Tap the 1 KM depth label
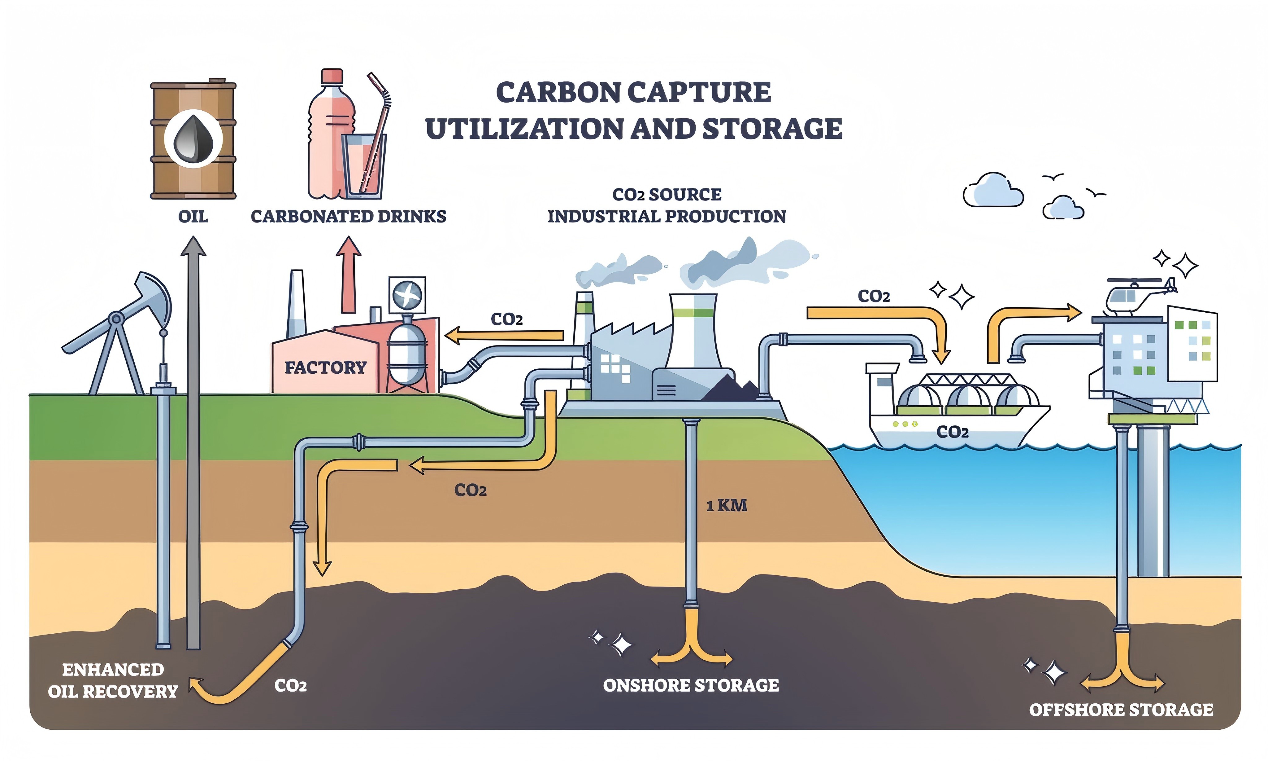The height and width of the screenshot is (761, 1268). (727, 506)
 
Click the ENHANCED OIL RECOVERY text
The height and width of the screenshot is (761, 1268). (113, 680)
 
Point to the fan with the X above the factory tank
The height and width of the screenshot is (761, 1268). (407, 295)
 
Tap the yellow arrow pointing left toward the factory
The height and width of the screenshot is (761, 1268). (505, 336)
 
